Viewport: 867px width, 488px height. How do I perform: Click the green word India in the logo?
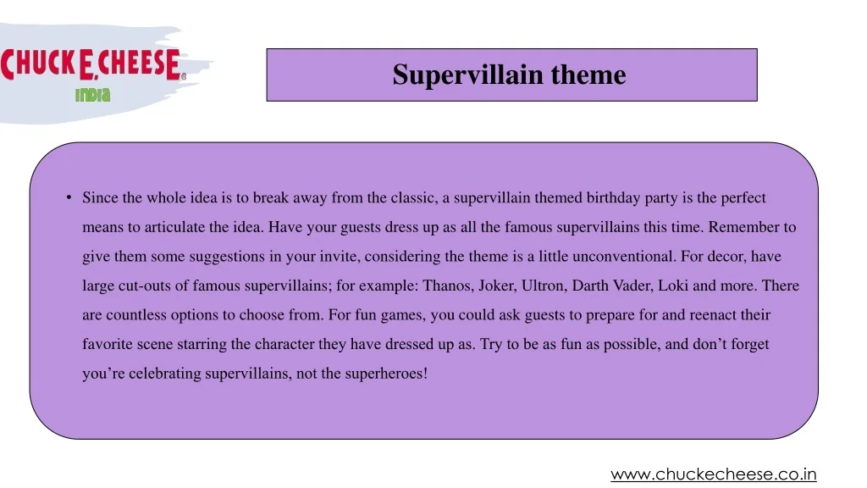(x=93, y=95)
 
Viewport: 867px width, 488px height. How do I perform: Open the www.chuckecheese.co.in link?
(x=713, y=474)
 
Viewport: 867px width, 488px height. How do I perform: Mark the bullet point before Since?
(x=69, y=197)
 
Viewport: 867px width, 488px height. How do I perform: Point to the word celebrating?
(x=165, y=374)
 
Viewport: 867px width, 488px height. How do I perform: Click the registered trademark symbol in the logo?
(x=184, y=77)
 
